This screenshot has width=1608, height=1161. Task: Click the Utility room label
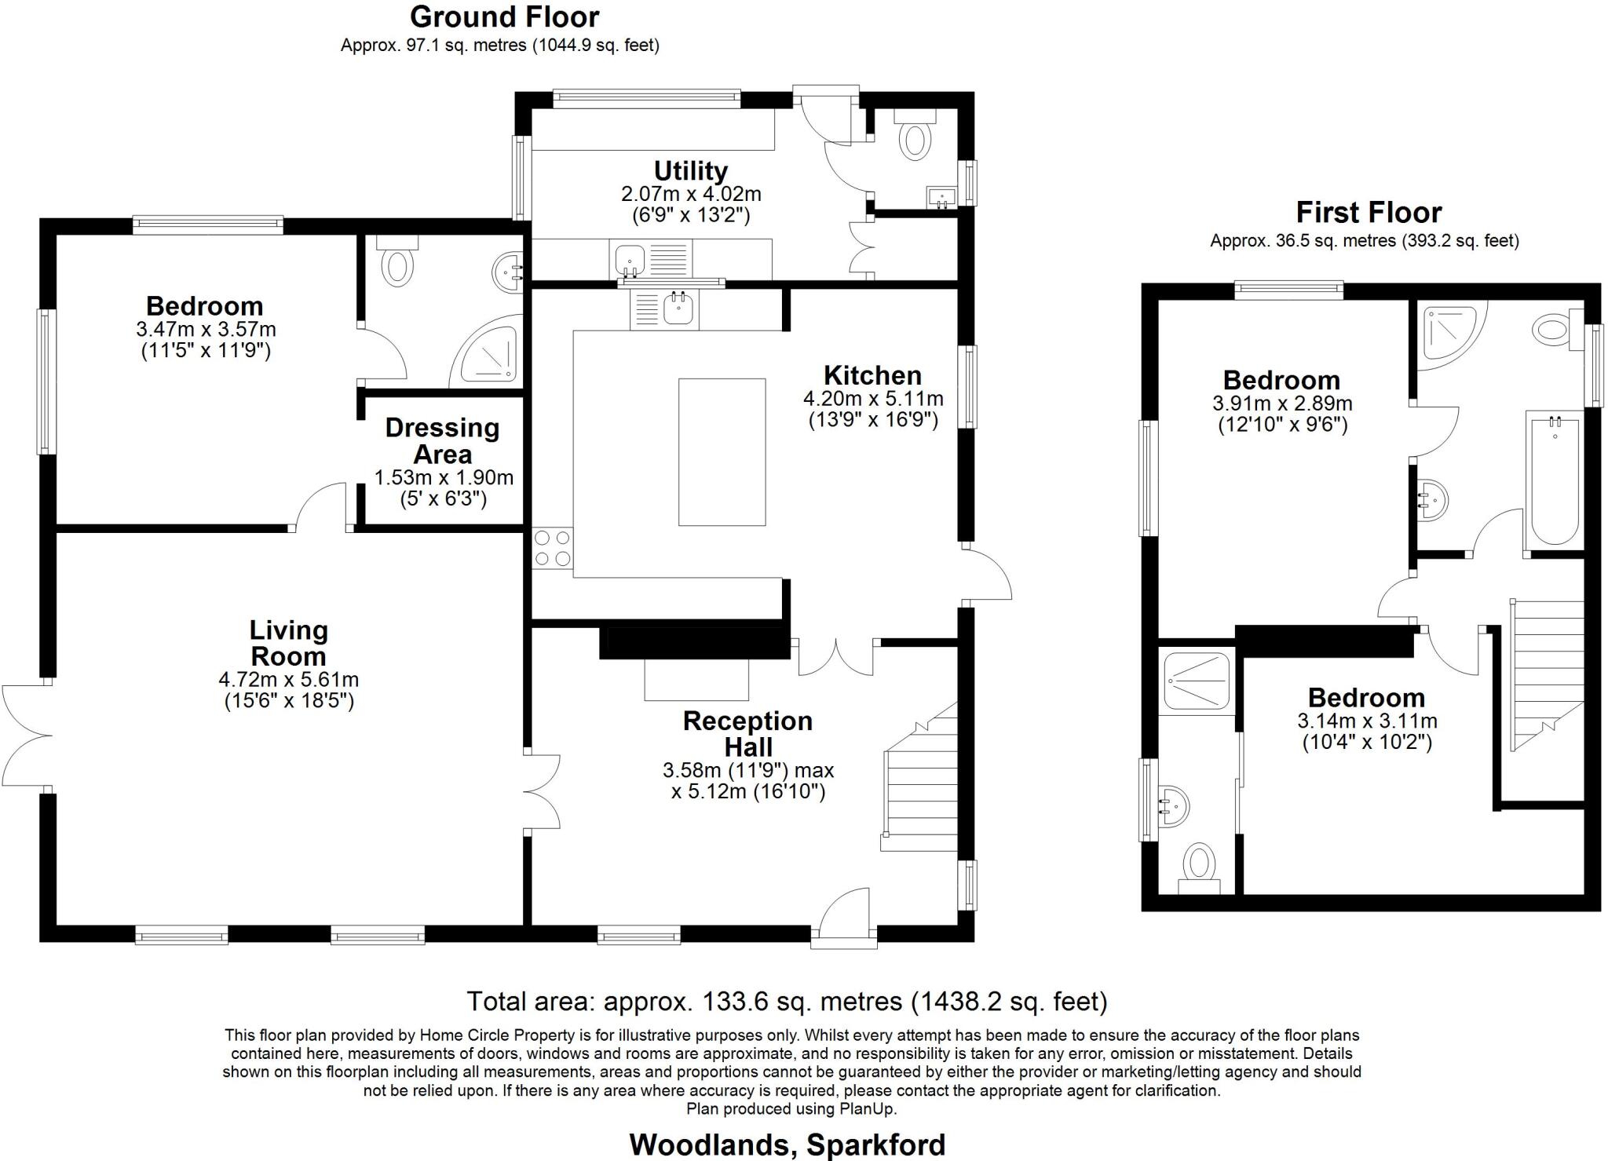click(691, 170)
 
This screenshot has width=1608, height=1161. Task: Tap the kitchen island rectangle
click(722, 452)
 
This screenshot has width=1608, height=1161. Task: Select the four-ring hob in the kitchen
click(552, 548)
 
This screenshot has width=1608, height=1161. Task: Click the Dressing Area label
click(442, 440)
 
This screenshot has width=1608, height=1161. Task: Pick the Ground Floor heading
click(504, 16)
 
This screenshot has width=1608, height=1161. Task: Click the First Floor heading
click(1368, 212)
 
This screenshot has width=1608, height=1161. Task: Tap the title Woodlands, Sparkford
click(787, 1145)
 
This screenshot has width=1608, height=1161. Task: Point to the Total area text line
click(787, 1001)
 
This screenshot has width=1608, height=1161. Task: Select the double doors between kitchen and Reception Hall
click(836, 658)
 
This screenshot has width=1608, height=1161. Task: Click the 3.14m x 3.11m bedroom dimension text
click(1367, 720)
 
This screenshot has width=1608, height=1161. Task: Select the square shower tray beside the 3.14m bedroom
click(1197, 680)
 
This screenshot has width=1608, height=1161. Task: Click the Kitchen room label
click(872, 375)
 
